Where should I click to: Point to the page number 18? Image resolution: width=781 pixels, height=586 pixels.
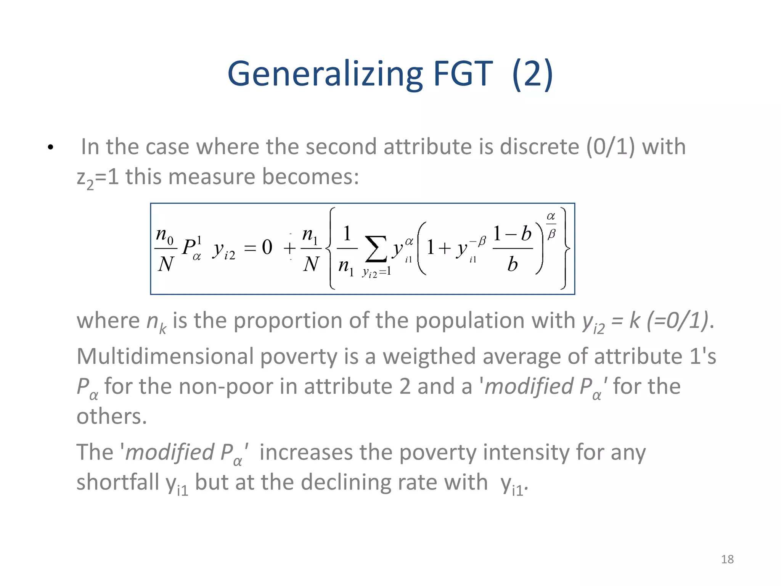pyautogui.click(x=727, y=559)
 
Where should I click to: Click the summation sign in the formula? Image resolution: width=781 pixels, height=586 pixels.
pyautogui.click(x=376, y=249)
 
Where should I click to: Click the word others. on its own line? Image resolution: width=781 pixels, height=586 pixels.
pyautogui.click(x=112, y=416)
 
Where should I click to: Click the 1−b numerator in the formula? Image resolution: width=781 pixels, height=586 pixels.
pyautogui.click(x=512, y=234)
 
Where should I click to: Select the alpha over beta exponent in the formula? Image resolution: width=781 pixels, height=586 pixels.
pyautogui.click(x=551, y=225)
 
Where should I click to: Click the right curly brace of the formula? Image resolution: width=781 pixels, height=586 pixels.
pyautogui.click(x=566, y=249)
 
